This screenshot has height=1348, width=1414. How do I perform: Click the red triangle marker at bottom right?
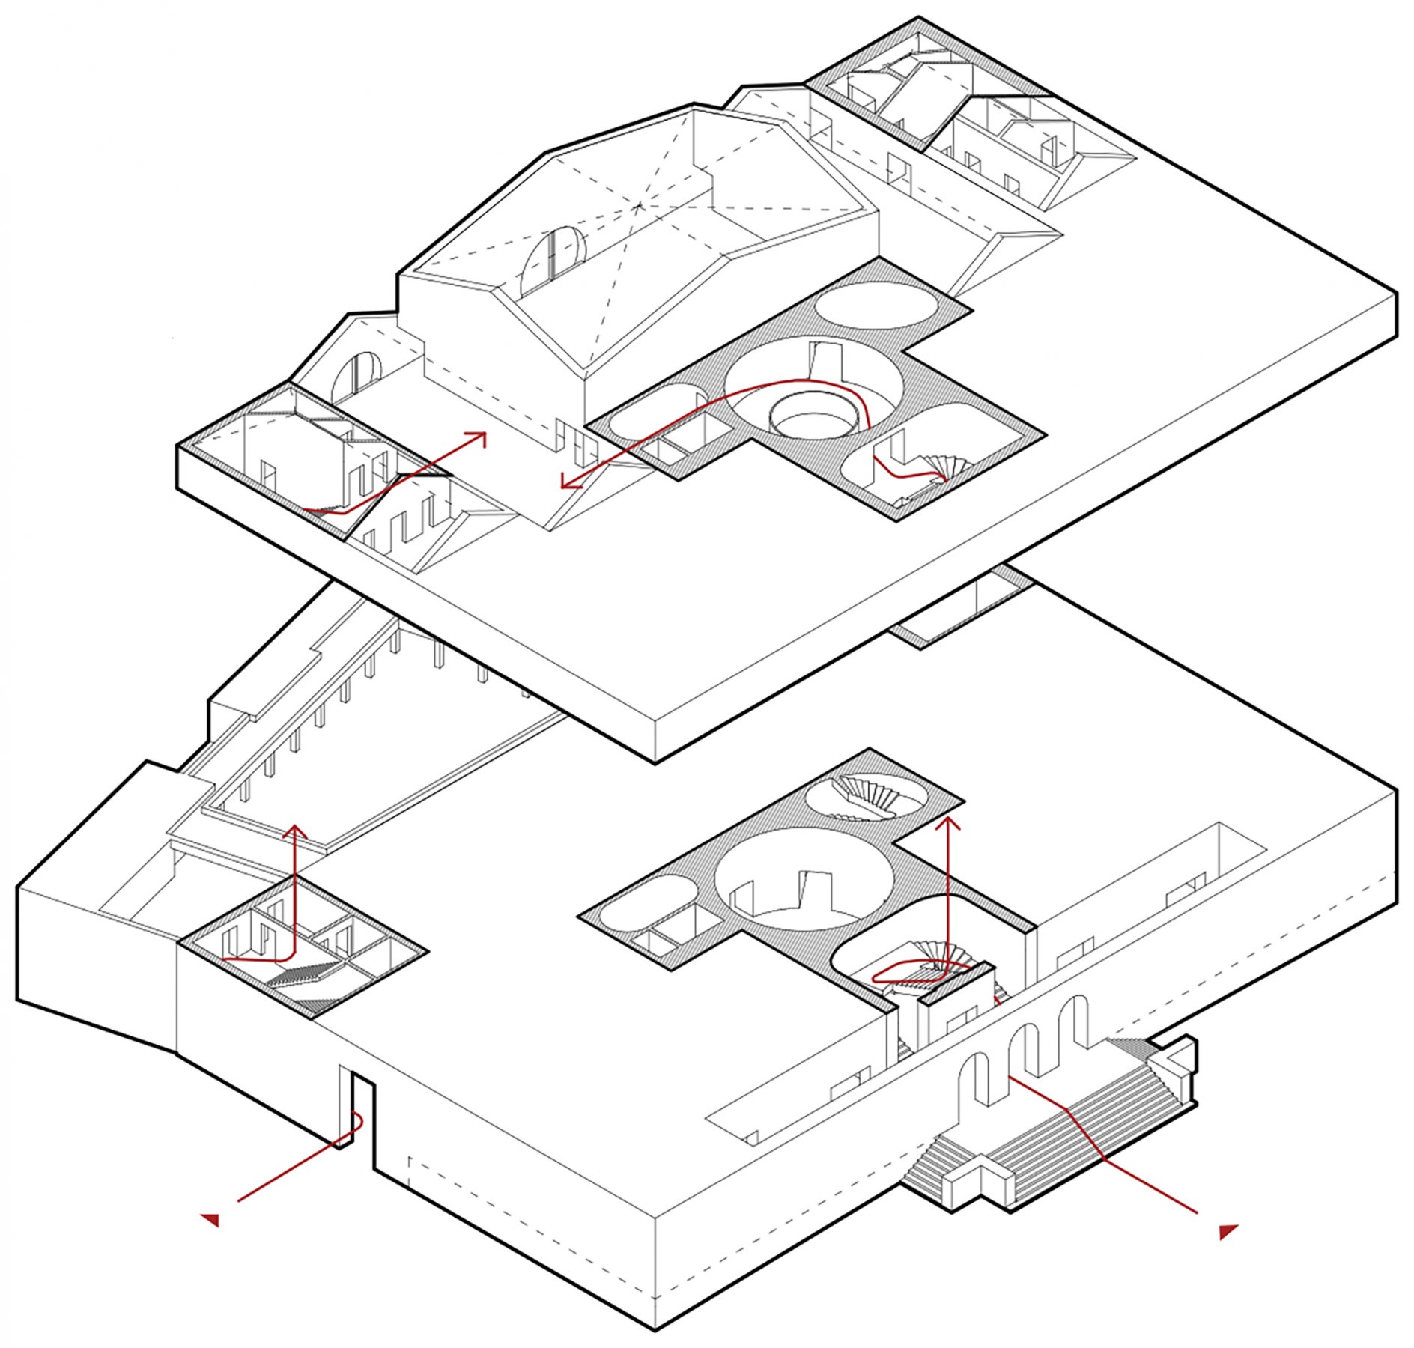pos(1228,1231)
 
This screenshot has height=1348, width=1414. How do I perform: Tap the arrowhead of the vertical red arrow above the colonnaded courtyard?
pos(296,830)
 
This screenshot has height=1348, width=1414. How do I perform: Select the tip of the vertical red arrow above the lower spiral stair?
pos(950,823)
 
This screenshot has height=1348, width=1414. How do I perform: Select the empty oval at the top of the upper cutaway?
pos(875,305)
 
